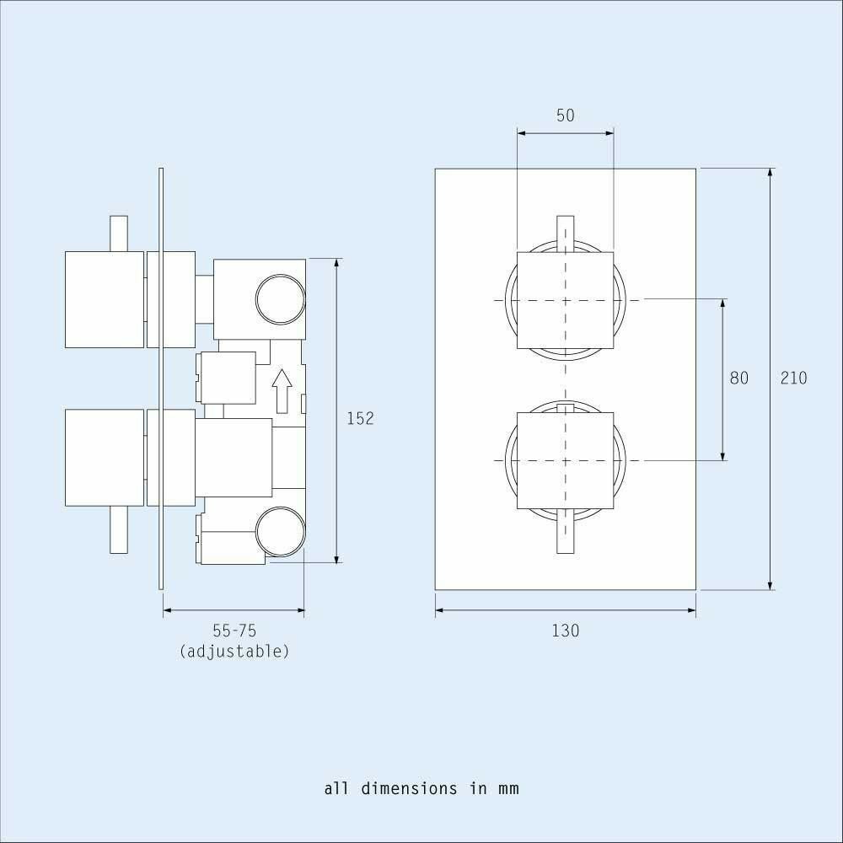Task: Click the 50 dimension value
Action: [565, 115]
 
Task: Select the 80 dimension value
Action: [738, 378]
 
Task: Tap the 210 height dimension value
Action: [793, 378]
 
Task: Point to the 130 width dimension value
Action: [566, 630]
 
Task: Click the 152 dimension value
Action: [360, 418]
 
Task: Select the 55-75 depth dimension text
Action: [234, 631]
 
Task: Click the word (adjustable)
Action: [234, 651]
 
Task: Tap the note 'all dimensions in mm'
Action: [421, 789]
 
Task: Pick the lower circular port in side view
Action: [279, 533]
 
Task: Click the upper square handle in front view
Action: [565, 300]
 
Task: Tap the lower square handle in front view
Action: [565, 460]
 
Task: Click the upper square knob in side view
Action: [105, 299]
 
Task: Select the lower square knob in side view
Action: [105, 458]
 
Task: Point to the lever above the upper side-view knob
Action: [119, 234]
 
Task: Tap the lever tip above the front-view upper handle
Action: [565, 233]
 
